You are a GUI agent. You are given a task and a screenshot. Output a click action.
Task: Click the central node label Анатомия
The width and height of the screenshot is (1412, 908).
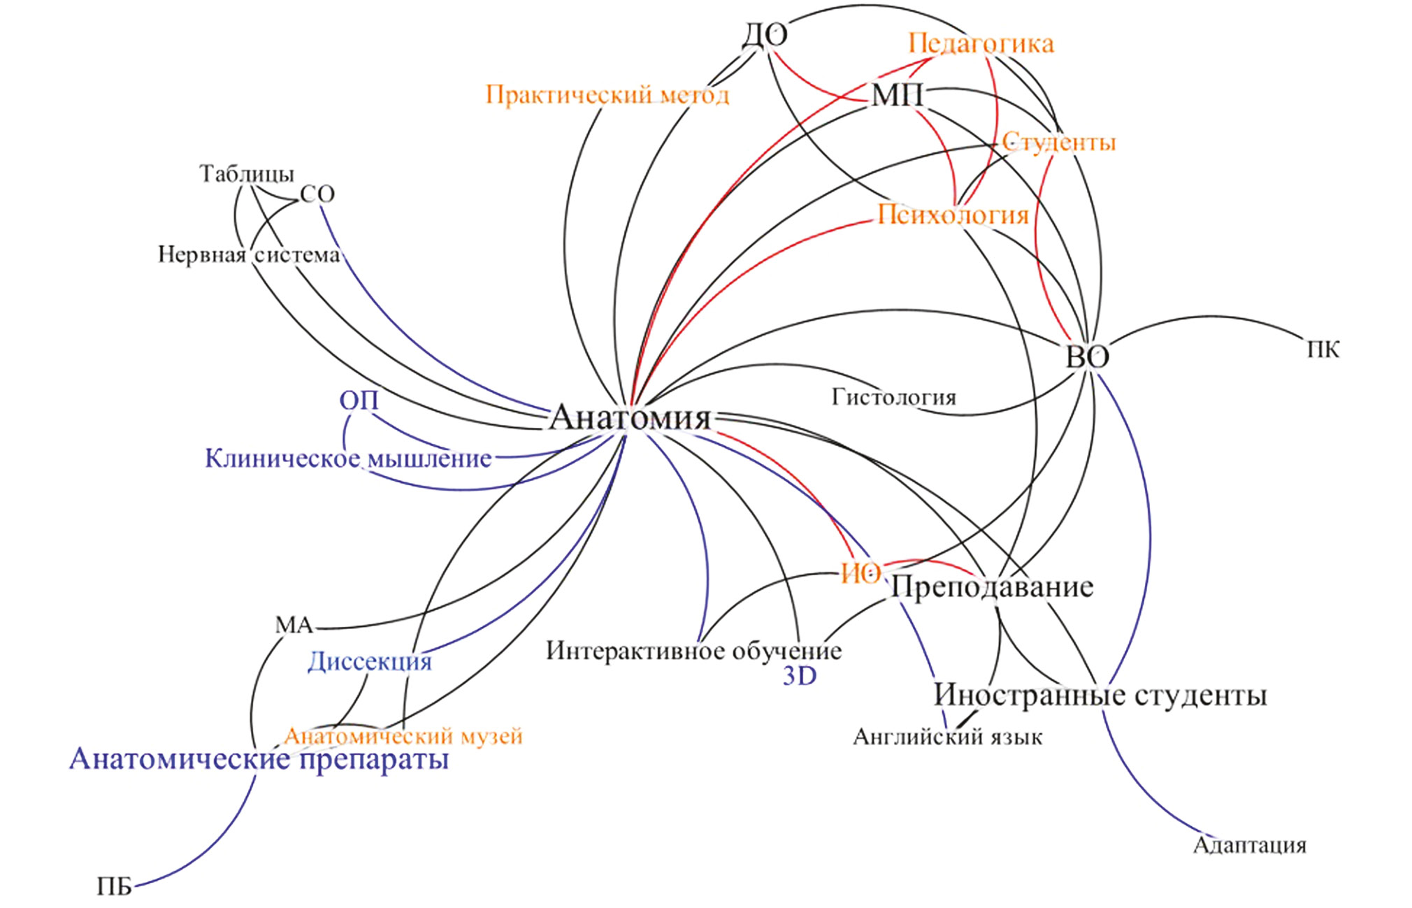pos(630,418)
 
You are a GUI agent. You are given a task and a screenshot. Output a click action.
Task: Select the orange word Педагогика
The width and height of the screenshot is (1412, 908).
pos(981,44)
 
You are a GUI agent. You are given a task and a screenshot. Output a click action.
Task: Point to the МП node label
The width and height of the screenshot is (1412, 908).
pos(898,95)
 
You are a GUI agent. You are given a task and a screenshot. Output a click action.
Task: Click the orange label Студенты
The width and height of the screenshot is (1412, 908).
pos(1059,143)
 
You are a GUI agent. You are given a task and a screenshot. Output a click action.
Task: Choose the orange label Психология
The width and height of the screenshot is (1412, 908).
pos(953,215)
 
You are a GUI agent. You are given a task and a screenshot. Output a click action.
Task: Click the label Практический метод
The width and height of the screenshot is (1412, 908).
pos(607,94)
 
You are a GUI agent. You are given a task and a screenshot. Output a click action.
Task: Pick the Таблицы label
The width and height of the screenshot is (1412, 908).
pos(247,174)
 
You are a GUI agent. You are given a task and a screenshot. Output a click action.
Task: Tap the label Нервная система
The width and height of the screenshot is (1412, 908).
pos(249,254)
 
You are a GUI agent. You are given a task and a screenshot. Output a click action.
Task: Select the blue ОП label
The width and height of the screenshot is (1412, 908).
pos(359,401)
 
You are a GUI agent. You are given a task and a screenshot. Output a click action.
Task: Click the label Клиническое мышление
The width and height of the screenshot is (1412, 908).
pos(348,459)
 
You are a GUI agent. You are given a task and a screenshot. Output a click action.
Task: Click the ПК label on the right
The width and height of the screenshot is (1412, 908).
pos(1323,349)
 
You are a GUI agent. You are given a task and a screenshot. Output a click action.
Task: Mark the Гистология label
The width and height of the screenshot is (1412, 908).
pos(893,398)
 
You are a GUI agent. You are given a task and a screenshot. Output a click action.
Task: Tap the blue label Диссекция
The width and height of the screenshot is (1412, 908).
pos(370,662)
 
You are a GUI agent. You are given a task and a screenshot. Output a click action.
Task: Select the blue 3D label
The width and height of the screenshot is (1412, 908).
pos(799,677)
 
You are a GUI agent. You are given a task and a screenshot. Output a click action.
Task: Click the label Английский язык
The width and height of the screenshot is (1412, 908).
pos(947,737)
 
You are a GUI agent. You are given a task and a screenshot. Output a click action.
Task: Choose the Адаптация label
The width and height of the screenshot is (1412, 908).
pos(1249,846)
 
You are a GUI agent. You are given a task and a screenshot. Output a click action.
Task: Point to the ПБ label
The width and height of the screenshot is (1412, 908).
pos(114,888)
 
